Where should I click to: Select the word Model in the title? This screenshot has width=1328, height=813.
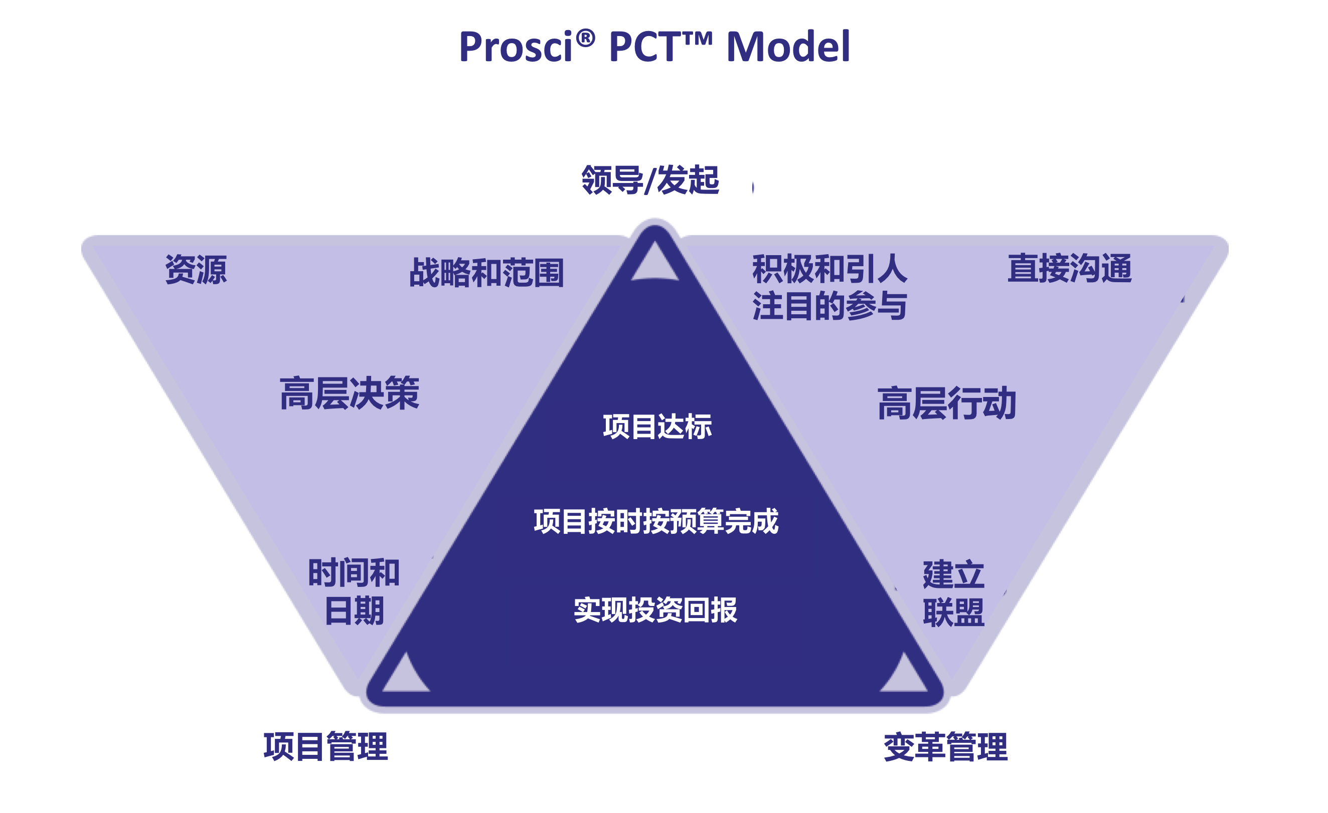tap(788, 47)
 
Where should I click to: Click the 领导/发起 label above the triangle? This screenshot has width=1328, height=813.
tap(650, 179)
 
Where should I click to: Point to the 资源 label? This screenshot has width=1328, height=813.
tap(196, 269)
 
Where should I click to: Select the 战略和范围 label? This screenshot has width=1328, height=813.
tap(486, 273)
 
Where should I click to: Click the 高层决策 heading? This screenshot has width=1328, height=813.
tap(349, 394)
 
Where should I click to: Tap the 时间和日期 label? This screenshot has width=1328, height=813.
tap(354, 591)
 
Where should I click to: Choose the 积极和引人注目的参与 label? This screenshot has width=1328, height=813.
tap(829, 287)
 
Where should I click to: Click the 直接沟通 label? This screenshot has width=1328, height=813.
tap(1069, 268)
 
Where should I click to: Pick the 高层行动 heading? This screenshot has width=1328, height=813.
tap(946, 403)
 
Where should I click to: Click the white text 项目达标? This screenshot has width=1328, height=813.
tap(657, 427)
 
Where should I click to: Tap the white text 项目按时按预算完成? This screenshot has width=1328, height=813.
tap(656, 521)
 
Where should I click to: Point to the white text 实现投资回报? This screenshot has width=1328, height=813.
tap(655, 611)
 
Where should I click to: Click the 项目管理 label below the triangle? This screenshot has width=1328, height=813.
tap(325, 747)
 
